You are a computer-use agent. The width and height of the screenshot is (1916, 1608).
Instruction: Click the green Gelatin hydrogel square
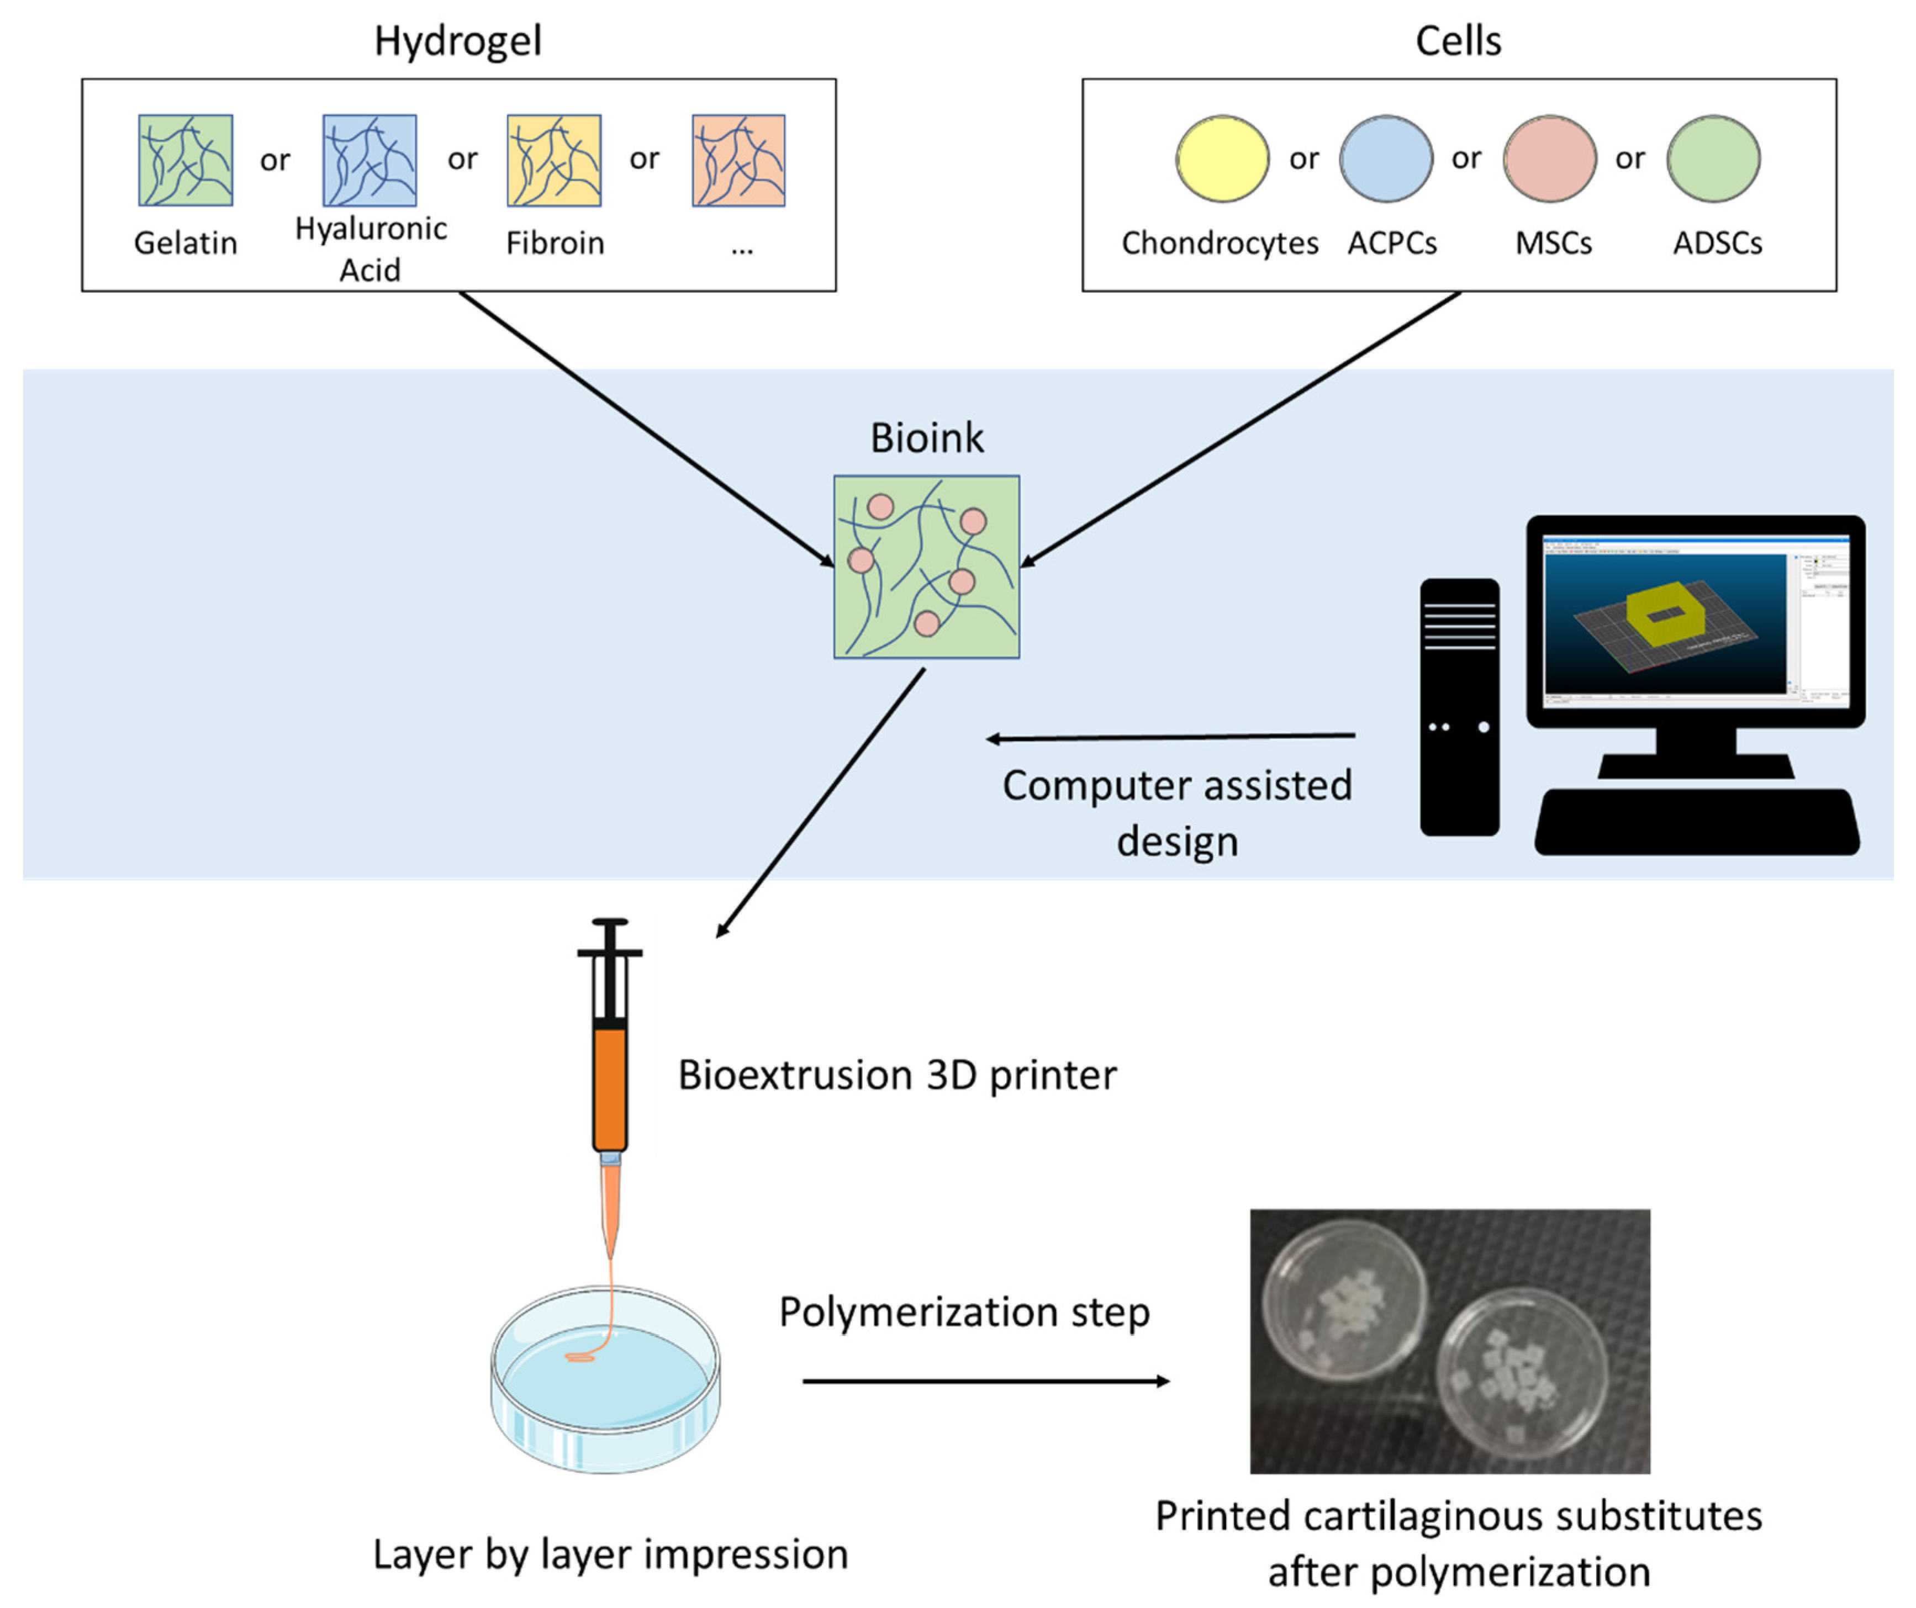point(185,161)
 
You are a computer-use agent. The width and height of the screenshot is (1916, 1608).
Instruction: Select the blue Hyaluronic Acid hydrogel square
point(370,161)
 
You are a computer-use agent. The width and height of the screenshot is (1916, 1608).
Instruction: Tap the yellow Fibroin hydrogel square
point(554,161)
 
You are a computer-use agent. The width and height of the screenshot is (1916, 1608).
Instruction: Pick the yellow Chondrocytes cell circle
point(1222,158)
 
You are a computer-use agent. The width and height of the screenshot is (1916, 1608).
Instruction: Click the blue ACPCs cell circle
point(1385,158)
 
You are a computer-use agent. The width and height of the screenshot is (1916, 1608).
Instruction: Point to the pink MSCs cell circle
point(1549,158)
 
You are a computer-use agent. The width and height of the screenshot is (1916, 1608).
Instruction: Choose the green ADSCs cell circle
point(1713,158)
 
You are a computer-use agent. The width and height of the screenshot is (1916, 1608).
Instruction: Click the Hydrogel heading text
point(458,41)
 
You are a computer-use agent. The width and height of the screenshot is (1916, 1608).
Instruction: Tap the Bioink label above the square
point(926,438)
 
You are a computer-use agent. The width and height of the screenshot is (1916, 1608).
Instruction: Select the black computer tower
point(1459,707)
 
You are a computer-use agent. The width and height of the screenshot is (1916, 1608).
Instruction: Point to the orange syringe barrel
point(609,1090)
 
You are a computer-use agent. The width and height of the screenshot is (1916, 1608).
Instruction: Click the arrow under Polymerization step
point(985,1382)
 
